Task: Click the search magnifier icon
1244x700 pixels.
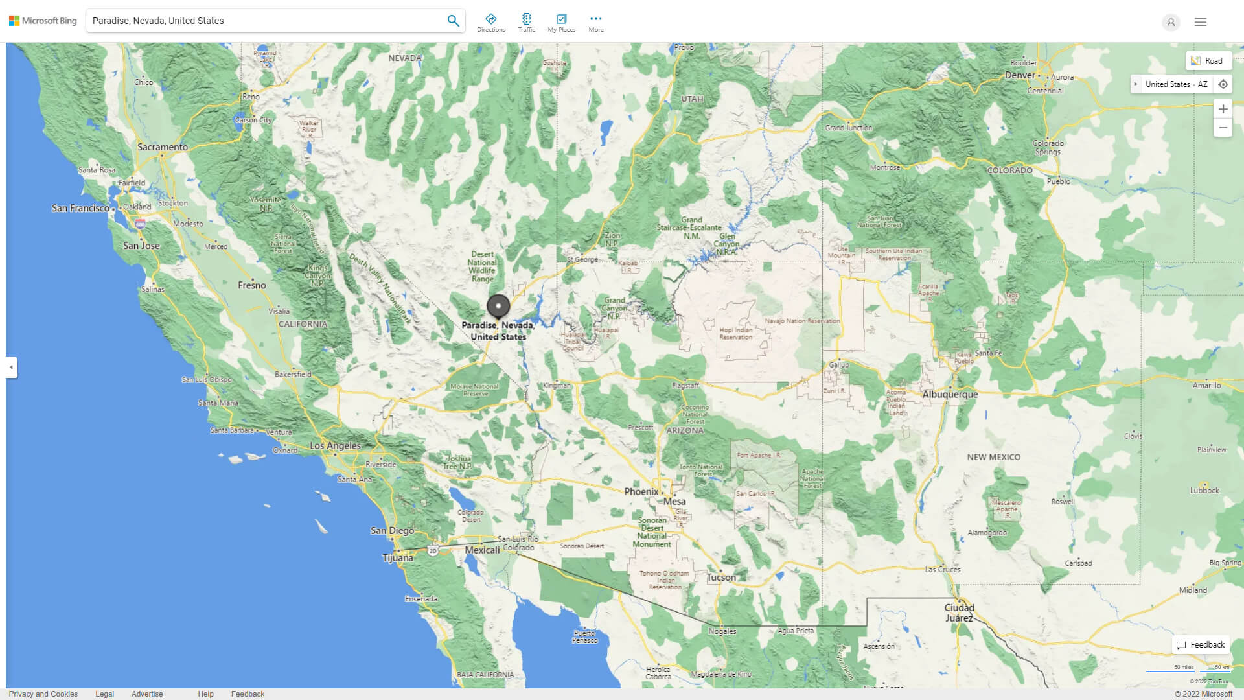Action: point(453,21)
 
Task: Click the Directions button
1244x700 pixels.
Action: point(491,23)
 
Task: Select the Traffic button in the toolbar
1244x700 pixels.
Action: point(527,23)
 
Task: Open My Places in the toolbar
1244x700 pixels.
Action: point(561,23)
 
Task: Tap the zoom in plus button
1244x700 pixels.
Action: point(1223,109)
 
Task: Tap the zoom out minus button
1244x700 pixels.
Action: point(1223,128)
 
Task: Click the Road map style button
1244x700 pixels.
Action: point(1208,61)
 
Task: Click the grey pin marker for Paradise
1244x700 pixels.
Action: point(498,305)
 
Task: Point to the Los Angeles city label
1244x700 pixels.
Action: point(335,445)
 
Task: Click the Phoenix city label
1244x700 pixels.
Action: point(641,491)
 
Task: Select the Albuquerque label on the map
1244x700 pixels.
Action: point(950,394)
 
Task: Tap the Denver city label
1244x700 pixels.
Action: point(1020,75)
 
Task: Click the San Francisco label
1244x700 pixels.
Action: point(80,208)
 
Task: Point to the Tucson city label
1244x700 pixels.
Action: point(721,577)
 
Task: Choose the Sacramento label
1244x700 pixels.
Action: point(163,147)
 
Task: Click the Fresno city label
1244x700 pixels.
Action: point(251,285)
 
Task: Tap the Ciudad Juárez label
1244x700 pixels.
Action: point(959,612)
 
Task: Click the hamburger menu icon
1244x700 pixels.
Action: point(1200,22)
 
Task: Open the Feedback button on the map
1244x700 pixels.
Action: point(1201,645)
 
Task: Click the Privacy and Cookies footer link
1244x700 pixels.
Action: point(43,694)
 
